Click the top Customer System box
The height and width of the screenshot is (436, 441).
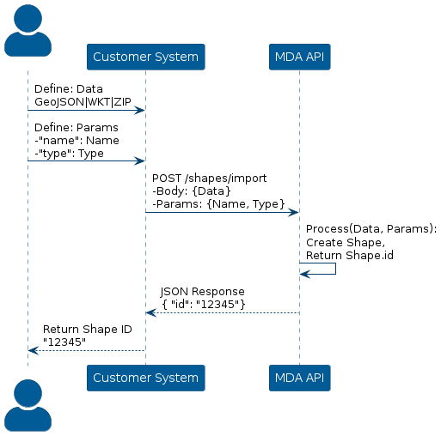click(146, 57)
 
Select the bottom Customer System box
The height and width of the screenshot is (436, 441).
click(146, 378)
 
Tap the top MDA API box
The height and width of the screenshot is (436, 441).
click(299, 57)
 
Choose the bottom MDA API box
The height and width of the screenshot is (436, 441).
click(299, 378)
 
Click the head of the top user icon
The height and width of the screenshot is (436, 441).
click(28, 18)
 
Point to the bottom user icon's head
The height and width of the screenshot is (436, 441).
click(28, 393)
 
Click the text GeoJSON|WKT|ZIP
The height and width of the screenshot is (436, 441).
click(83, 102)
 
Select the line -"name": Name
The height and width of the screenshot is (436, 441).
click(77, 141)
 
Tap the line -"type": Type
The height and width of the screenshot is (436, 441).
click(69, 154)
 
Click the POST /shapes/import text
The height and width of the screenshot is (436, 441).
click(209, 179)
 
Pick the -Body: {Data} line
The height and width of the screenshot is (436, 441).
click(192, 191)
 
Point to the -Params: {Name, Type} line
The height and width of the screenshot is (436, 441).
click(218, 204)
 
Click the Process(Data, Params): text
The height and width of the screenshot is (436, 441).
click(371, 229)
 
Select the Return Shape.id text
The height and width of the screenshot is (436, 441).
click(350, 255)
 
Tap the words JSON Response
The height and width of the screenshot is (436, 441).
click(202, 292)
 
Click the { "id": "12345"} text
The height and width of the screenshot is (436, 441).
click(204, 305)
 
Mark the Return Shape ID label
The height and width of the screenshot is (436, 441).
click(88, 330)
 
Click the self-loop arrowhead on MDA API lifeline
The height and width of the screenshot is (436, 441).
click(305, 274)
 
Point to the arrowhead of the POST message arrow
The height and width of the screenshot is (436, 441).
click(293, 212)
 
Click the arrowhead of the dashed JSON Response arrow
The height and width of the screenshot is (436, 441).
click(151, 313)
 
